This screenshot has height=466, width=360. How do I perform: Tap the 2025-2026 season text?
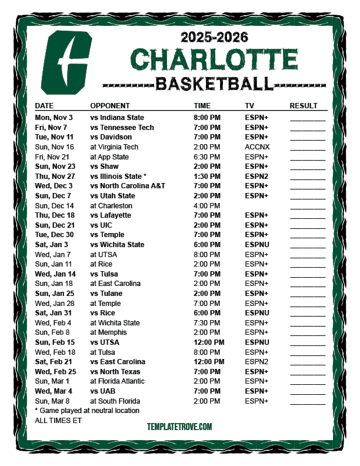[214, 38]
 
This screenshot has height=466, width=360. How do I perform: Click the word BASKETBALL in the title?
[214, 84]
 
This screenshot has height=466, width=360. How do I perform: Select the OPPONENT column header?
[110, 106]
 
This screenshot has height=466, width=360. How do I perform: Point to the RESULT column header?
[304, 106]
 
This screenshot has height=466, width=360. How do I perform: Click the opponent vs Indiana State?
[117, 118]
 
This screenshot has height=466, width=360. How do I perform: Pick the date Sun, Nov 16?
[55, 147]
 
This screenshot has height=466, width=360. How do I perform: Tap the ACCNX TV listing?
[256, 147]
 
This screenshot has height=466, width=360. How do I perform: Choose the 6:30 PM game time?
[207, 157]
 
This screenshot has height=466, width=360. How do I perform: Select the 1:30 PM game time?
[207, 177]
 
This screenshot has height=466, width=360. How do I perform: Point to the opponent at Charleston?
[111, 206]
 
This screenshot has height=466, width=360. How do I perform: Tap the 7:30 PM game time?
[207, 322]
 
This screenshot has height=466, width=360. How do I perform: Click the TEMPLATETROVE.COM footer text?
[179, 427]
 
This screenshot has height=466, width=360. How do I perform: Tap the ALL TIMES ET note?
[58, 421]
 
